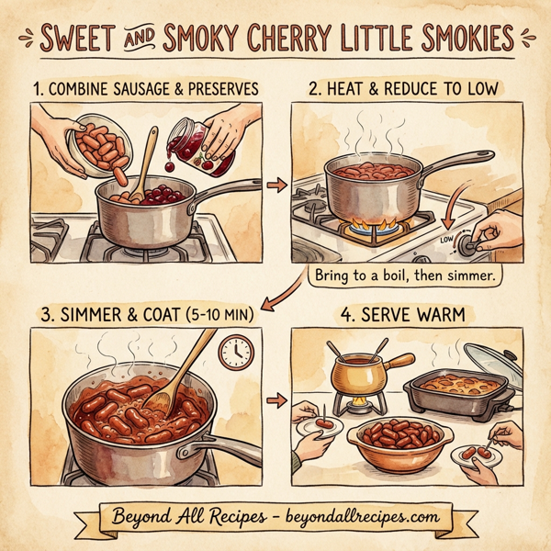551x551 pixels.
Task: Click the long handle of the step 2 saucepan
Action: [452, 166]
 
